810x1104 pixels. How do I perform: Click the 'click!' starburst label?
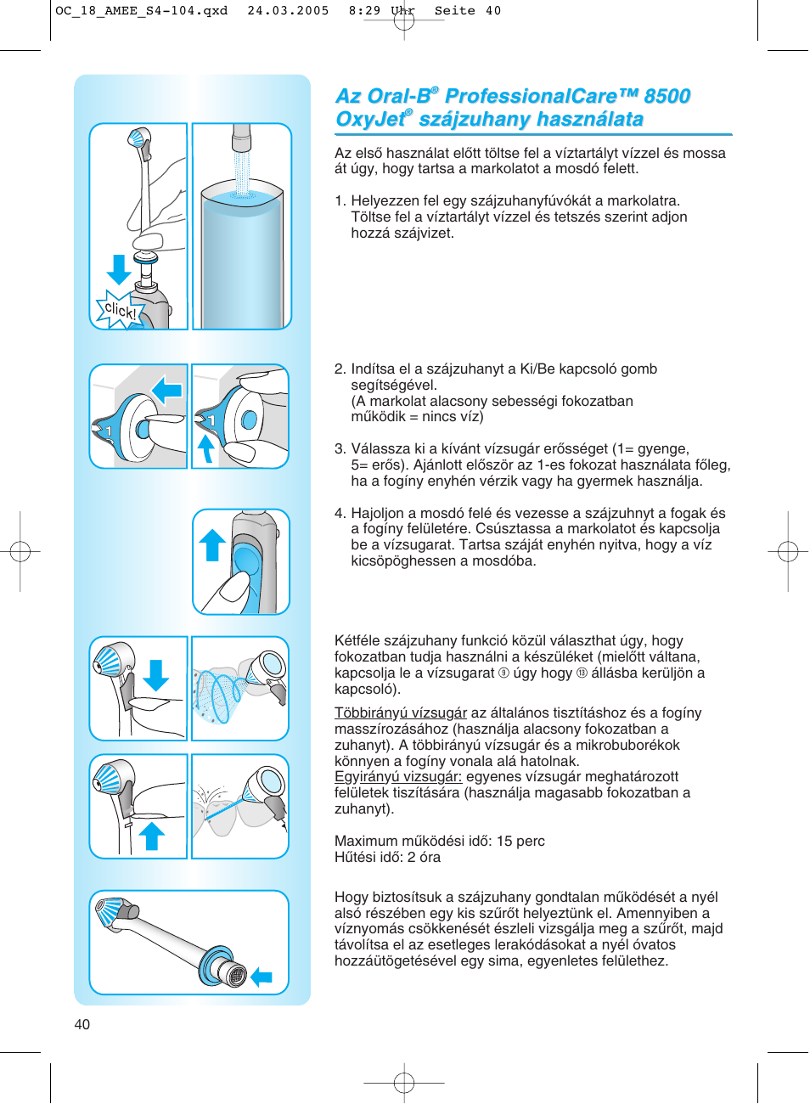[x=119, y=311]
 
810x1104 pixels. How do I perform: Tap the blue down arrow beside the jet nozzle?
[x=119, y=269]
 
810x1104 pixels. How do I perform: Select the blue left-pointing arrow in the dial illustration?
[x=167, y=391]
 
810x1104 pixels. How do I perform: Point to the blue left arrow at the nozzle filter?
[x=262, y=977]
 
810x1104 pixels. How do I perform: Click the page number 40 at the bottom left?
[x=82, y=1024]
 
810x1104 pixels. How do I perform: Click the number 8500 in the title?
[x=667, y=96]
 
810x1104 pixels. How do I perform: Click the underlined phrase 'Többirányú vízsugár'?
[x=400, y=713]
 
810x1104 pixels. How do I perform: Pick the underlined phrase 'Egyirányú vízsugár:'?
[x=397, y=776]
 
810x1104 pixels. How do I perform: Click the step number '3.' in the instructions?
[x=340, y=448]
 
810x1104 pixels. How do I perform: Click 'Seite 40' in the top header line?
[x=468, y=11]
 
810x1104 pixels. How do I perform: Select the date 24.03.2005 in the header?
[x=288, y=11]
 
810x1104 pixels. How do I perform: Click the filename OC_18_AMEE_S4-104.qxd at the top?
[x=141, y=11]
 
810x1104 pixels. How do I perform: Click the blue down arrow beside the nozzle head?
[x=156, y=675]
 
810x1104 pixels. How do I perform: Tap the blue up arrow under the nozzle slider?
[x=152, y=836]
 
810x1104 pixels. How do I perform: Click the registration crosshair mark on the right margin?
[x=787, y=552]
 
